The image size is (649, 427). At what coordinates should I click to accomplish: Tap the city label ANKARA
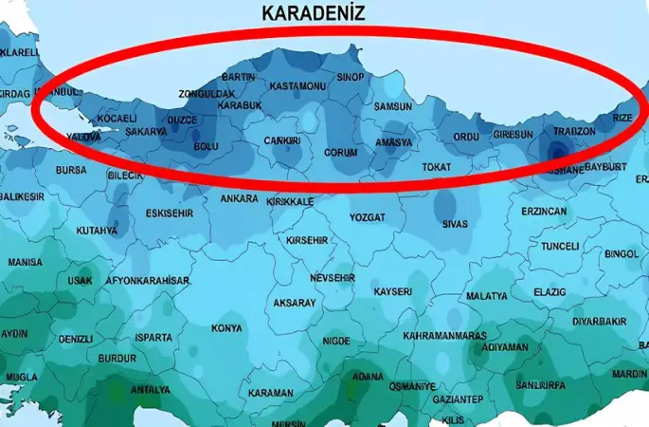(x=239, y=199)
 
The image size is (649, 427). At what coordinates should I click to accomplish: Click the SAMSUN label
(x=393, y=107)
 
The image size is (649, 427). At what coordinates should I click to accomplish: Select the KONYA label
(x=226, y=328)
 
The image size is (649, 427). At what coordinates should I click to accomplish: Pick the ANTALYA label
(x=151, y=389)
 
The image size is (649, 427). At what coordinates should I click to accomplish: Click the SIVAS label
(x=455, y=224)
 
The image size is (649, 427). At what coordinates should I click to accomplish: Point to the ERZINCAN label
(x=544, y=211)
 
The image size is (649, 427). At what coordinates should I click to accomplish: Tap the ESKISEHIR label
(x=170, y=213)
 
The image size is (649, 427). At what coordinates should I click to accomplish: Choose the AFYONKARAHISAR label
(x=147, y=281)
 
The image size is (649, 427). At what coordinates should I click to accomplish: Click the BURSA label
(x=71, y=170)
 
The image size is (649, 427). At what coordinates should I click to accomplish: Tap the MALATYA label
(x=488, y=296)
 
